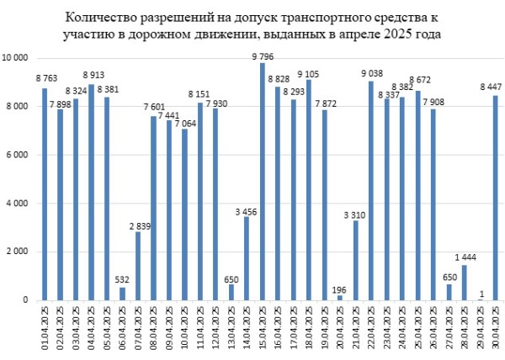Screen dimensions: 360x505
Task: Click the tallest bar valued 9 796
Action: [x=263, y=182]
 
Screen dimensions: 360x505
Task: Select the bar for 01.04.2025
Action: [x=45, y=194]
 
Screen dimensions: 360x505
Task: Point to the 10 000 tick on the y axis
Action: [x=18, y=58]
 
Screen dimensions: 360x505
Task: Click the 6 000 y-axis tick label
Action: [x=20, y=155]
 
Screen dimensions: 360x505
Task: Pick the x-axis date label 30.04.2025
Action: [x=497, y=328]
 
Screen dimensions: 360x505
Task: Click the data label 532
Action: [x=122, y=280]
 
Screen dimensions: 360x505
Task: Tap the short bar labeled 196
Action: [x=340, y=298]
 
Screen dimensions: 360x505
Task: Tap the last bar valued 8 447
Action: [x=496, y=199]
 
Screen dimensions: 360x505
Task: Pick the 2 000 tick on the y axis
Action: [x=20, y=251]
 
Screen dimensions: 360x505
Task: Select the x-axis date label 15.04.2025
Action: [x=263, y=328]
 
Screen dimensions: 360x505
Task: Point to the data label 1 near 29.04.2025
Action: [x=479, y=293]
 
